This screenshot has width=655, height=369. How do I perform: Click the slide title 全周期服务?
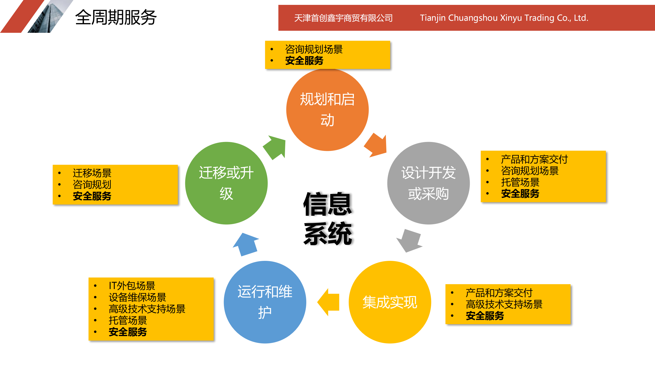coord(116,17)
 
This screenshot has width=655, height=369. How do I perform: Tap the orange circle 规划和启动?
coord(327,110)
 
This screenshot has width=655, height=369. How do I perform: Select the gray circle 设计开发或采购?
coord(428,183)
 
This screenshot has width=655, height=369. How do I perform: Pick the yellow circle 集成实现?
coord(390,302)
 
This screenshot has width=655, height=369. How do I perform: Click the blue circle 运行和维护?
coord(265,302)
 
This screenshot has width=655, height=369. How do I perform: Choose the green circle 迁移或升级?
coord(226,183)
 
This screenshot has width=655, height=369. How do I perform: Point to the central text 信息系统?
coord(327,218)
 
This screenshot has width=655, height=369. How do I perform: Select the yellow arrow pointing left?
coord(329,302)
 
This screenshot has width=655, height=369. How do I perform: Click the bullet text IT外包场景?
coord(132,285)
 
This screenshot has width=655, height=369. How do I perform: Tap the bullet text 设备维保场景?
coord(137,297)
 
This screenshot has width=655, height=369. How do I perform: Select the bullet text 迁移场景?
coord(92,173)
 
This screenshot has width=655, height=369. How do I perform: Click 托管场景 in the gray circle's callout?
coord(520,182)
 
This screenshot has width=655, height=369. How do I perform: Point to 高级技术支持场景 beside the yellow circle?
coord(504,304)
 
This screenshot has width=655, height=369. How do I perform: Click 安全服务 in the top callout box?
coord(304,61)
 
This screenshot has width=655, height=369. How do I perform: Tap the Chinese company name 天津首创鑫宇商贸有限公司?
coord(343,18)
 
